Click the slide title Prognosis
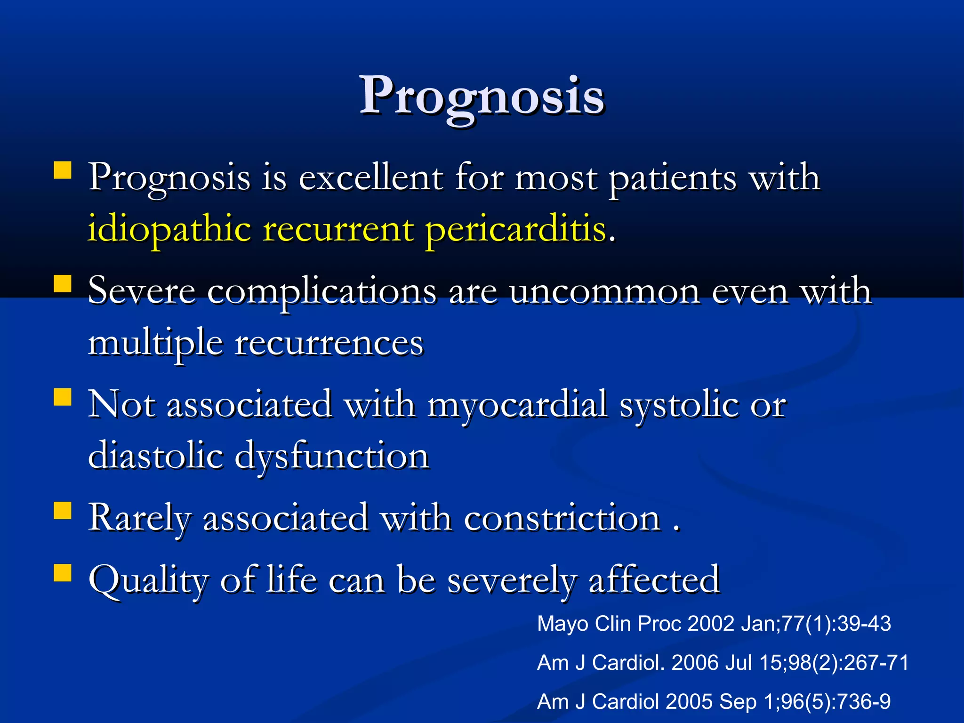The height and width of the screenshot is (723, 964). pyautogui.click(x=482, y=96)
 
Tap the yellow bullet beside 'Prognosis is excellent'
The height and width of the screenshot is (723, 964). pyautogui.click(x=62, y=170)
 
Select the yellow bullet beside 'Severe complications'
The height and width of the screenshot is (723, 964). pyautogui.click(x=62, y=284)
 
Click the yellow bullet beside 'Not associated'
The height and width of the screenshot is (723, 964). pyautogui.click(x=62, y=397)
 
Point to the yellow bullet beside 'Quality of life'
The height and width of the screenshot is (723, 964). pyautogui.click(x=62, y=573)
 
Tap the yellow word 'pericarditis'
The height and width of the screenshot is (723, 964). pyautogui.click(x=515, y=229)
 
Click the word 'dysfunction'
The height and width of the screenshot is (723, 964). pyautogui.click(x=331, y=456)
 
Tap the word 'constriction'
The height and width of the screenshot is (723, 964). pyautogui.click(x=562, y=518)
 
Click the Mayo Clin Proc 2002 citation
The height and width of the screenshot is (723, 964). pyautogui.click(x=714, y=624)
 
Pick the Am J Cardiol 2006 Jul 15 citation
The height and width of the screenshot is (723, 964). pyautogui.click(x=723, y=663)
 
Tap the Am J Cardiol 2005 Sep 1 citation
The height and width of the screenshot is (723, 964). pyautogui.click(x=714, y=702)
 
